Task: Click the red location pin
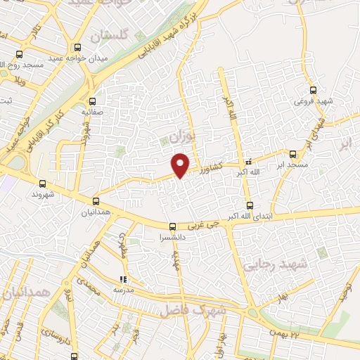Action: pos(181,165)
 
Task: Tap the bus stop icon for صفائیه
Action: pos(92,101)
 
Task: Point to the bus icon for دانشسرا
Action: pos(172,226)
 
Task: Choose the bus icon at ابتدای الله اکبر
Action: pos(250,205)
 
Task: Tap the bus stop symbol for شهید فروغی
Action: pos(314,90)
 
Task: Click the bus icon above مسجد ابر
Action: pos(293,153)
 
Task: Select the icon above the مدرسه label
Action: pos(124,280)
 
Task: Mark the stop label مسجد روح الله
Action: pos(22,65)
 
